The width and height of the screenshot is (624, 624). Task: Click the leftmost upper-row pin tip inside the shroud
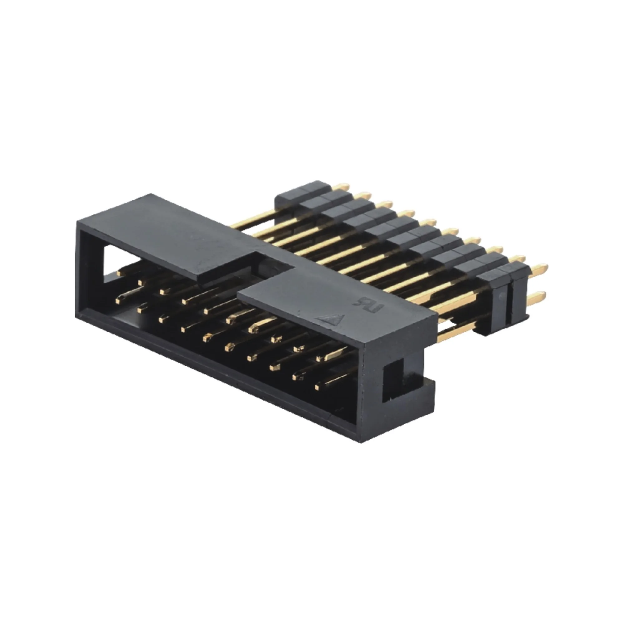coord(121,273)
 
